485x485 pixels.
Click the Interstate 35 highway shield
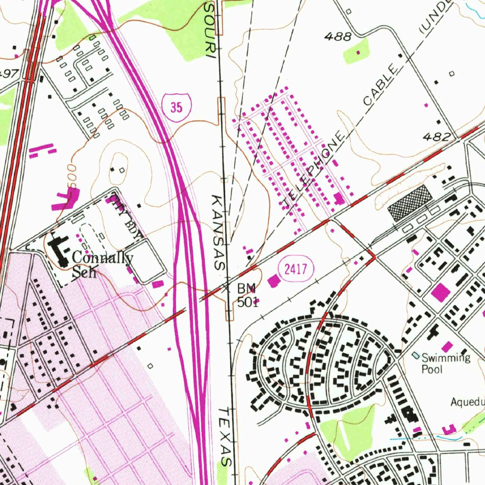point(176,108)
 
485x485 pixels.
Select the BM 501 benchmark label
point(247,295)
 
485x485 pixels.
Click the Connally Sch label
point(102,265)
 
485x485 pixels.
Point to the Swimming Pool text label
point(446,363)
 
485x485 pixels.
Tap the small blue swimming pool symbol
point(416,355)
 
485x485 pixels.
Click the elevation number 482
point(437,137)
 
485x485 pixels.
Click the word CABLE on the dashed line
point(380,85)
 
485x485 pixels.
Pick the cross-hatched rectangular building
point(410,202)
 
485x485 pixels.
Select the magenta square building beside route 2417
point(274,281)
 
